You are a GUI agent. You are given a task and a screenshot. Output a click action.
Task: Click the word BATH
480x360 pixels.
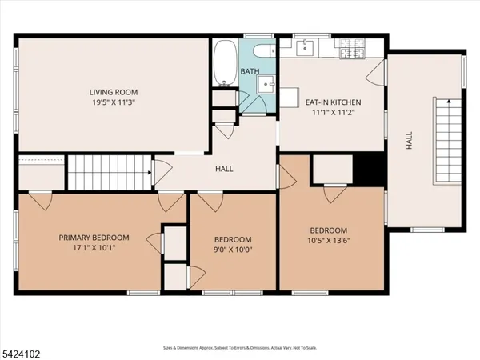250,72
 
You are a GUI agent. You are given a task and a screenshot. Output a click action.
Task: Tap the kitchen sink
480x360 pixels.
304,49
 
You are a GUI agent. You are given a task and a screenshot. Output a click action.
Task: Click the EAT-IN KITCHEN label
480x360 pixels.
333,102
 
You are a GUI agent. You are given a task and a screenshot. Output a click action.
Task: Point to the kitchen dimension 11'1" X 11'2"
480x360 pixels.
333,114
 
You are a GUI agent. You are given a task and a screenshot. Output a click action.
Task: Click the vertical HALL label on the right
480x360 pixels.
409,142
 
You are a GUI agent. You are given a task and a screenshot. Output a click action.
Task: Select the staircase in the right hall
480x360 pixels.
448,141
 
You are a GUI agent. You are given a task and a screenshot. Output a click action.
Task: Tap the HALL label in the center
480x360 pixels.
224,169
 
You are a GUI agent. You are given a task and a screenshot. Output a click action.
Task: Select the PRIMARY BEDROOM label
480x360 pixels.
94,238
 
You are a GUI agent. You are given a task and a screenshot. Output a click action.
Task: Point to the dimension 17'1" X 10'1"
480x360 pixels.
94,249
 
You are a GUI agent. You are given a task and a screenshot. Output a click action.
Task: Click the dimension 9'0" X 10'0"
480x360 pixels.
233,250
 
